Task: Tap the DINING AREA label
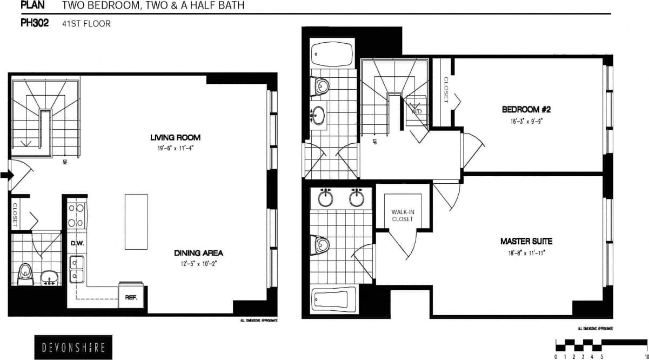(198, 253)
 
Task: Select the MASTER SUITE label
(526, 241)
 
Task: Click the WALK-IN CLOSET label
(402, 215)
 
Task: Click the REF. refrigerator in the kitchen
(131, 297)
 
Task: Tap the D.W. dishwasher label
(76, 243)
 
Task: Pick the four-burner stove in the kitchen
(76, 215)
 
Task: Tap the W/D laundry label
(417, 111)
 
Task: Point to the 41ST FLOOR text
(86, 24)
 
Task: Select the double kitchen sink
(76, 269)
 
